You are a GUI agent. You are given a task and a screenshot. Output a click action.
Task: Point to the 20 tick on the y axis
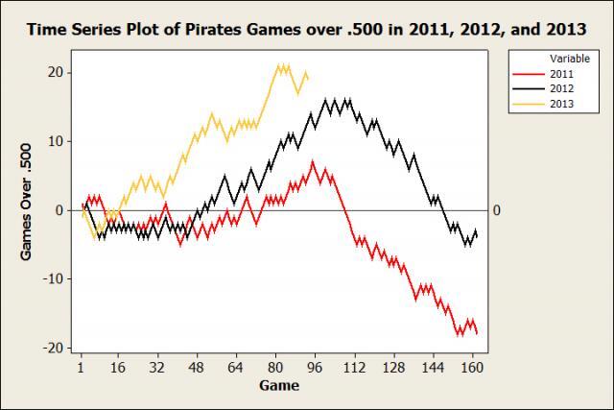click(x=55, y=72)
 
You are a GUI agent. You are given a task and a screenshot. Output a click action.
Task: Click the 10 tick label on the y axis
click(x=55, y=141)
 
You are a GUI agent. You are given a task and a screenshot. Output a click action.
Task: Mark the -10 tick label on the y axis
click(x=53, y=278)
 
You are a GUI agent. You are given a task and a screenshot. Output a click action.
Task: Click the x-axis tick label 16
click(x=118, y=368)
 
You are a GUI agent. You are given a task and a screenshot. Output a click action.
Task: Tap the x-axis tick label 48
click(x=196, y=368)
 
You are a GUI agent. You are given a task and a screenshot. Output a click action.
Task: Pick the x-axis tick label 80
click(x=274, y=368)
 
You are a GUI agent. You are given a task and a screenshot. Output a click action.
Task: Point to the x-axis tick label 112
click(x=353, y=368)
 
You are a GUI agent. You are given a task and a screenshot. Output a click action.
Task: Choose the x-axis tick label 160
click(x=471, y=368)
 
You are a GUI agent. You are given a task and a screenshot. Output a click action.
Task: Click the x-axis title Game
click(x=278, y=386)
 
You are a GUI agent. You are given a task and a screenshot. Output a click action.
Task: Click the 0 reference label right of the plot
click(x=496, y=210)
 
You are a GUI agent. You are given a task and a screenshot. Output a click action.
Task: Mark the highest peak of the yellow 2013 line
click(x=279, y=65)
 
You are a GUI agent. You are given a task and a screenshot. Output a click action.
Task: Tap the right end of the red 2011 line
click(x=477, y=332)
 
